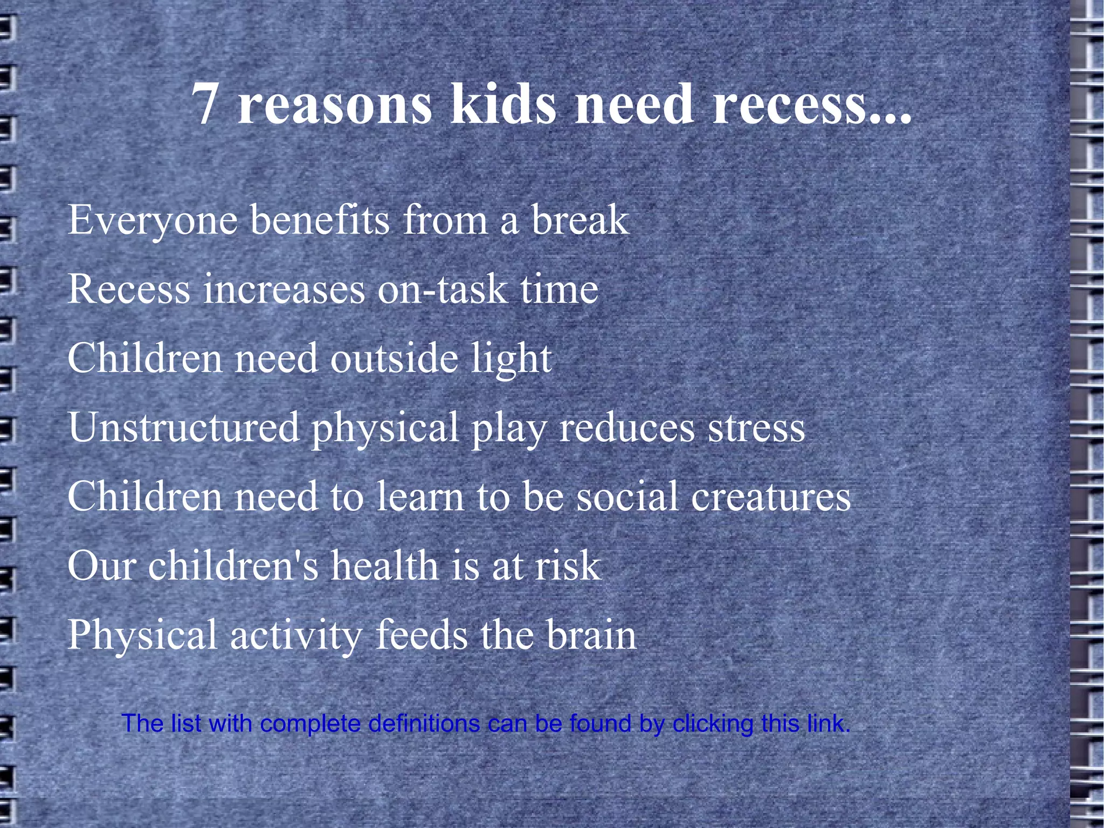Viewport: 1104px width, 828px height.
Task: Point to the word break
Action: (581, 221)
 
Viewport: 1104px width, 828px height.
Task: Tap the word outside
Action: (394, 359)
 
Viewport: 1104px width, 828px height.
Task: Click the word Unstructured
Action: (183, 428)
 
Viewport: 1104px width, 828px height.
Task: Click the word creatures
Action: (771, 497)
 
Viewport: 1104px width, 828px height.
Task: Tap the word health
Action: (384, 566)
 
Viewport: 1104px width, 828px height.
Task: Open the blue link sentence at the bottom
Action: (486, 723)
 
